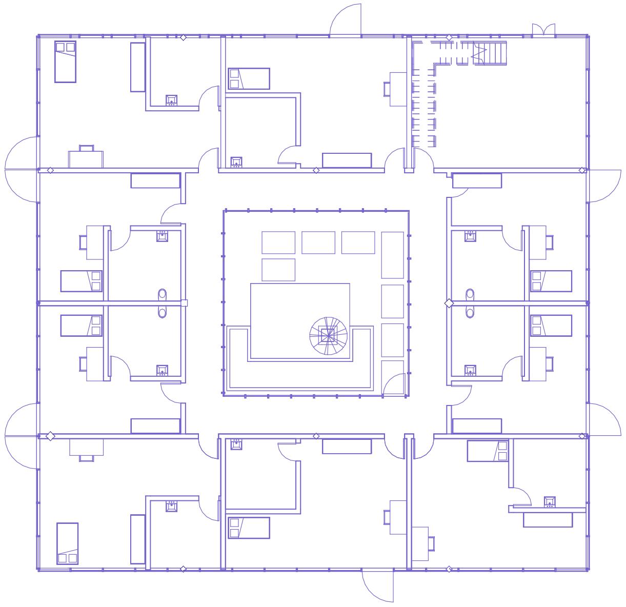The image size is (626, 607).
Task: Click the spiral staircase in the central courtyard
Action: click(x=328, y=336)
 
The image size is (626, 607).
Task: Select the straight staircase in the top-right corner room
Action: click(x=489, y=53)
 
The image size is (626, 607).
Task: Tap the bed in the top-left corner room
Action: click(x=65, y=62)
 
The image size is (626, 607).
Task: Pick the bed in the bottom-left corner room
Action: click(x=67, y=543)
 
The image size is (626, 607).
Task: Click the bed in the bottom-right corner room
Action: click(x=487, y=451)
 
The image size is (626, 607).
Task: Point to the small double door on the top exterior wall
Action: click(x=543, y=30)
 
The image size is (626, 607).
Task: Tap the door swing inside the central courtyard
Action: click(x=395, y=385)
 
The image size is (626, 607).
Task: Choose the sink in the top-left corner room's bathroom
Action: click(x=172, y=100)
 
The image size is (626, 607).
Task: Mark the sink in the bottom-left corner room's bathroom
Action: click(x=172, y=507)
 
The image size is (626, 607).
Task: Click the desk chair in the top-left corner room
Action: click(x=86, y=148)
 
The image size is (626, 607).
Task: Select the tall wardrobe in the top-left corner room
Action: click(x=138, y=67)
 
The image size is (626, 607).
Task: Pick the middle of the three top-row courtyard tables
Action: click(x=318, y=242)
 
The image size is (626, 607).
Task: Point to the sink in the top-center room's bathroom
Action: click(x=236, y=163)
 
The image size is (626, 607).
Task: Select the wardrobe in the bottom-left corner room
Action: click(x=138, y=539)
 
